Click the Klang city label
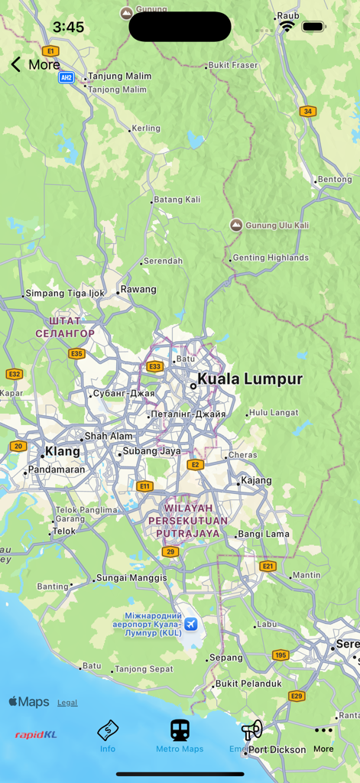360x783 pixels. tap(63, 451)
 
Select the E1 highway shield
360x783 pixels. tap(50, 50)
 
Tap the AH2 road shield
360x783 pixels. tap(66, 77)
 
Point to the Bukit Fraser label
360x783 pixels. tap(233, 66)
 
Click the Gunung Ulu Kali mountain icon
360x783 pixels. tap(236, 225)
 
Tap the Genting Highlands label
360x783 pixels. tap(271, 258)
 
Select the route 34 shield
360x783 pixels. tap(308, 111)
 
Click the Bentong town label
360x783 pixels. tap(335, 180)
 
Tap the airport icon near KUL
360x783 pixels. tap(190, 624)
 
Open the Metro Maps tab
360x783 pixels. tap(180, 736)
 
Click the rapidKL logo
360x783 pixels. tap(36, 736)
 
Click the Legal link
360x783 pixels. tap(67, 703)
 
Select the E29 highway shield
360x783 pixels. tap(297, 696)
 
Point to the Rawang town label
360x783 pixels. tap(138, 290)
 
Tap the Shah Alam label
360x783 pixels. tap(109, 437)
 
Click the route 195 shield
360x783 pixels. tap(281, 655)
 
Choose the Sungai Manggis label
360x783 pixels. tap(131, 578)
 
